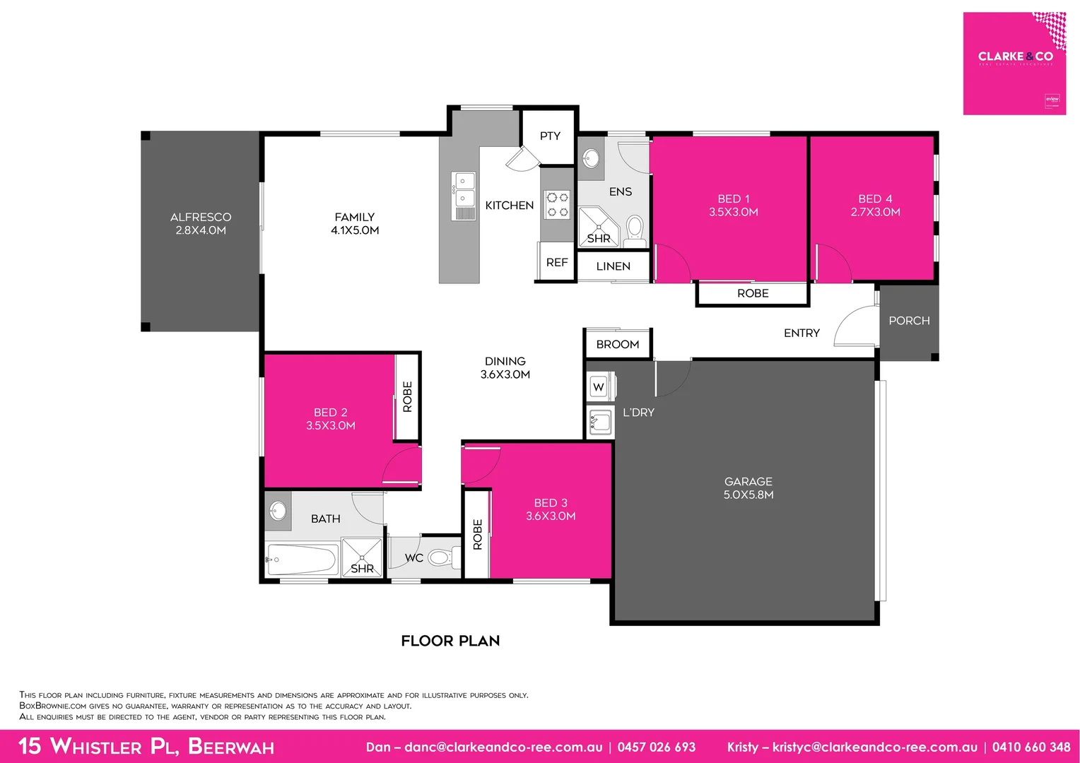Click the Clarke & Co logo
[1014, 57]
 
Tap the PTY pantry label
[550, 136]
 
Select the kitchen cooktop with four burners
[557, 204]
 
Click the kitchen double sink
[464, 189]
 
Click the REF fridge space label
[557, 262]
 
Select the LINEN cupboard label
[613, 266]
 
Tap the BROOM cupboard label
[617, 344]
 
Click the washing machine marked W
[599, 386]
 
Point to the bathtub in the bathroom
[302, 560]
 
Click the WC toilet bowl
[440, 558]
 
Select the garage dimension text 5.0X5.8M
[748, 495]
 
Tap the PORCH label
[909, 321]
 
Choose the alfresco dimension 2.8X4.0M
[201, 230]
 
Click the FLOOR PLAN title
[450, 641]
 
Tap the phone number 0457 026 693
[656, 747]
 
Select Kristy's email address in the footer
[874, 747]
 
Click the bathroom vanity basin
[278, 510]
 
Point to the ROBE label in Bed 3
[477, 535]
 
